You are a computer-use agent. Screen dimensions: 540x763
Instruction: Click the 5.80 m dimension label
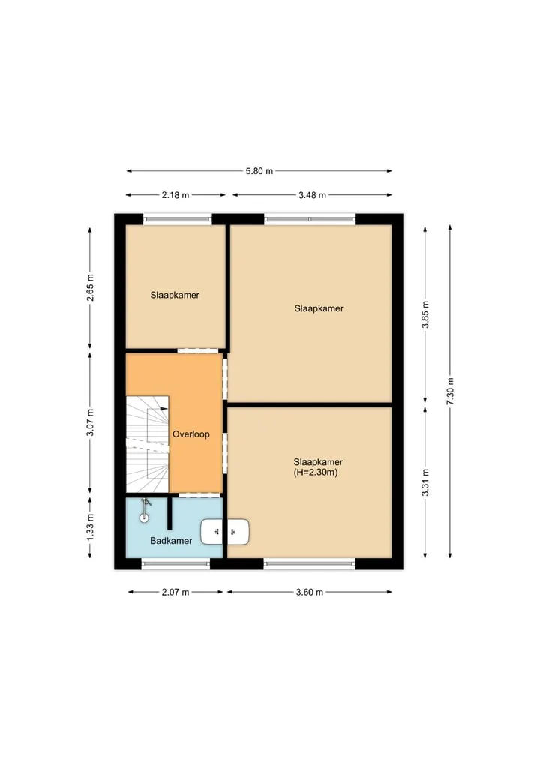tap(259, 171)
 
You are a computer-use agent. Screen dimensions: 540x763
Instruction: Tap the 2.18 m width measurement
tap(175, 195)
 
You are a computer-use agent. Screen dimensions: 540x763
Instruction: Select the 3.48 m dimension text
tap(312, 195)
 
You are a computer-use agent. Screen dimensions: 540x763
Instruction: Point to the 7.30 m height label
tap(450, 391)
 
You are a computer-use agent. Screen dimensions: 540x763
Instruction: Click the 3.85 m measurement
tap(425, 314)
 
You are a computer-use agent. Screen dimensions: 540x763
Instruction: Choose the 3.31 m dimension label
tap(425, 482)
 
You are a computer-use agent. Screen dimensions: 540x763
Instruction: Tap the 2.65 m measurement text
tap(90, 287)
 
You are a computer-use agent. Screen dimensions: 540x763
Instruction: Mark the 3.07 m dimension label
tap(90, 423)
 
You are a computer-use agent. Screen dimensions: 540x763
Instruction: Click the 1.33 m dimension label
tap(90, 527)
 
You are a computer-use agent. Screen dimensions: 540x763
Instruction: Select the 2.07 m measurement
tap(175, 592)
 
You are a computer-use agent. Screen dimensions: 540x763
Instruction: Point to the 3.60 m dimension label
tap(310, 592)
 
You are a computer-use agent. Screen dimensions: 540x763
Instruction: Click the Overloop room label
tap(191, 434)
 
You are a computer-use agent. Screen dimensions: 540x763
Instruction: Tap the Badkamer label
tap(171, 541)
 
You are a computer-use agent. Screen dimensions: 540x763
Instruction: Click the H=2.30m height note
tap(316, 473)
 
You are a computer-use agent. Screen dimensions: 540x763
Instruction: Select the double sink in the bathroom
tap(225, 531)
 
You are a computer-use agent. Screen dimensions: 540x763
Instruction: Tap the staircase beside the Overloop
tap(148, 444)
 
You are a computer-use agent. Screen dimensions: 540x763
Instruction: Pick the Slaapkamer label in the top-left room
tap(175, 295)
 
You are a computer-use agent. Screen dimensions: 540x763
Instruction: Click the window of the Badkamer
tap(175, 564)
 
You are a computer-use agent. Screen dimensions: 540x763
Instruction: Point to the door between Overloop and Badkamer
tap(199, 495)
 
